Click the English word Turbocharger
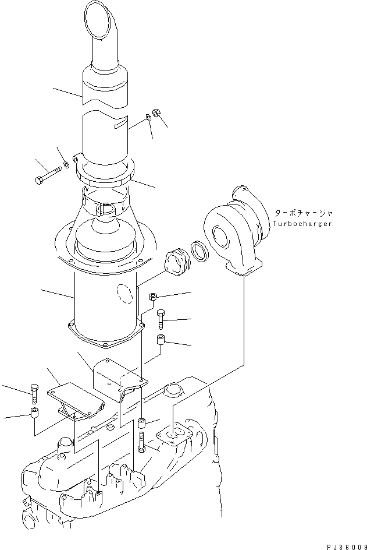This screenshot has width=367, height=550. click(302, 224)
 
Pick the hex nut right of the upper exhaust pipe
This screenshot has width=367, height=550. click(156, 112)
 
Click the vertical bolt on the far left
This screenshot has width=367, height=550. click(34, 393)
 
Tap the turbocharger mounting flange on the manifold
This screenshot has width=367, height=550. click(172, 438)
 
